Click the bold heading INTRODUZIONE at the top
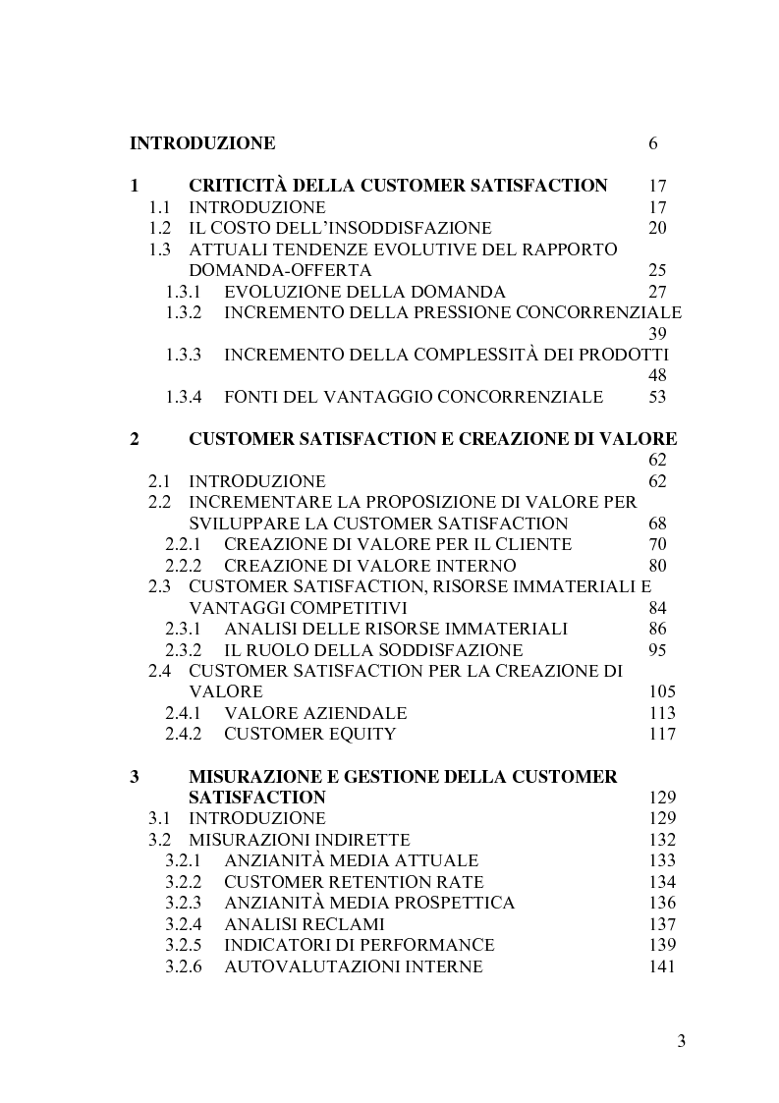[202, 143]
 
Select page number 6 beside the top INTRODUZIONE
[653, 143]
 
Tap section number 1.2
[160, 229]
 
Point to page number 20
[658, 229]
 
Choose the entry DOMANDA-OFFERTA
[281, 270]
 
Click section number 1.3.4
[183, 397]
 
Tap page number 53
[658, 397]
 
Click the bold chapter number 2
[135, 439]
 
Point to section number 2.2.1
[183, 544]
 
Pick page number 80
[658, 566]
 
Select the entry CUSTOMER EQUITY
[310, 734]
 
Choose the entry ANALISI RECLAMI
[305, 924]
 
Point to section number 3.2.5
[183, 945]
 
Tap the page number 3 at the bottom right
[681, 1042]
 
